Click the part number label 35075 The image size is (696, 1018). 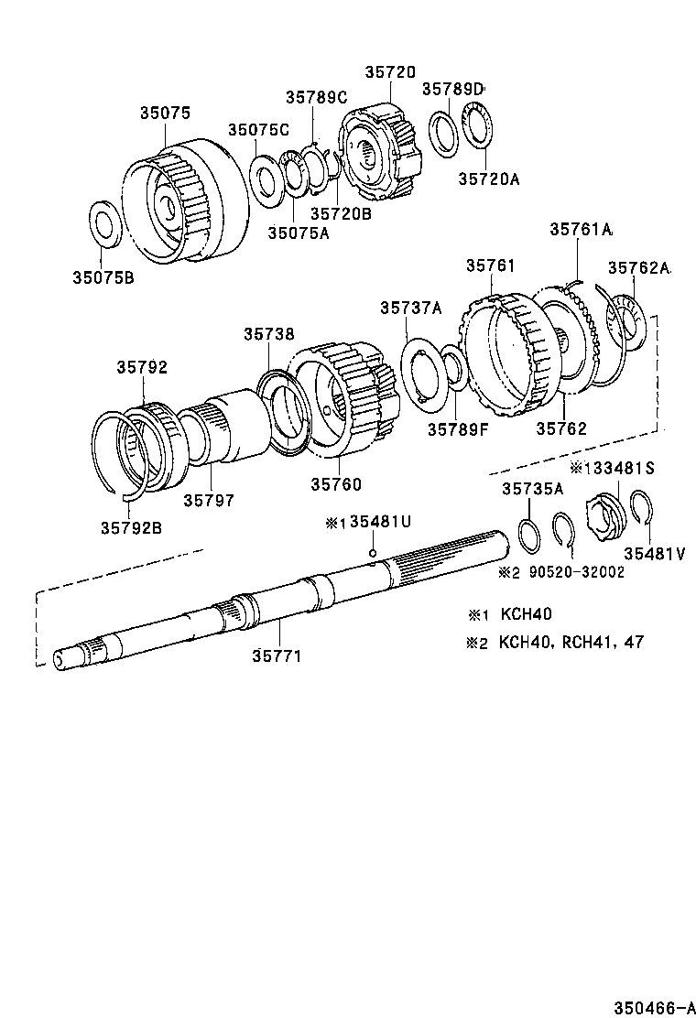(x=165, y=113)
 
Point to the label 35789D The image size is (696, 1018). (x=452, y=89)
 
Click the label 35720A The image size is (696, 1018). (x=488, y=179)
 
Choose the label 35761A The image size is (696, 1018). (x=581, y=230)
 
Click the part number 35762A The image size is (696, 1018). (x=639, y=267)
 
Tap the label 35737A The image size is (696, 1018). (x=410, y=309)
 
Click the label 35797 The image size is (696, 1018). (x=208, y=500)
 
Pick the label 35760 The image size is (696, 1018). (x=336, y=483)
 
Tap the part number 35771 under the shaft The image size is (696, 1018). (x=277, y=655)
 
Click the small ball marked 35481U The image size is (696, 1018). (x=373, y=552)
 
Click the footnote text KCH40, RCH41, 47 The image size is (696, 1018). (x=571, y=643)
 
